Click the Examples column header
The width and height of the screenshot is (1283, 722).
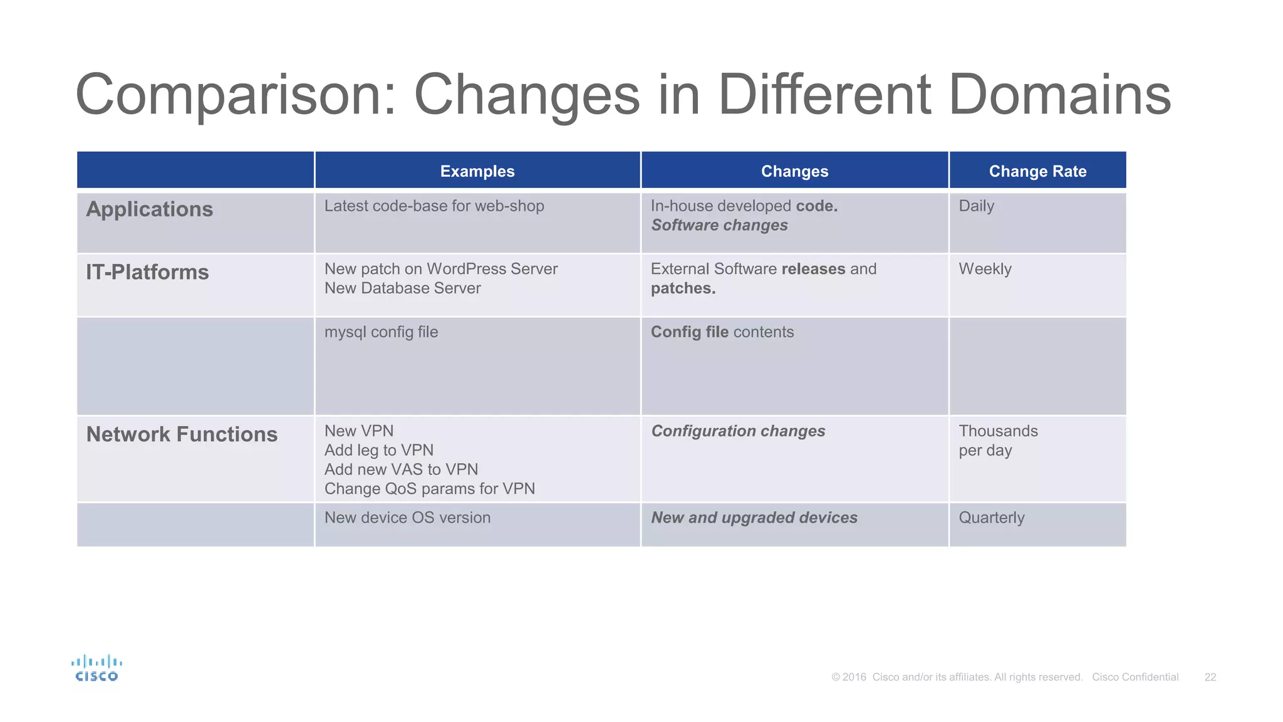[x=477, y=171]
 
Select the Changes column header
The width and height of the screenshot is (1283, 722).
[x=794, y=171]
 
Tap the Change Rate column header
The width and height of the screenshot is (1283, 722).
[x=1037, y=171]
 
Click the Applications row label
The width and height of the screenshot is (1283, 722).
[x=150, y=209]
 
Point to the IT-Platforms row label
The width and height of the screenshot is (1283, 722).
[x=147, y=273]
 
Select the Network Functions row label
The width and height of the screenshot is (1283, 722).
[x=182, y=434]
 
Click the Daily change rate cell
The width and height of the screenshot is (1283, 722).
[x=976, y=206]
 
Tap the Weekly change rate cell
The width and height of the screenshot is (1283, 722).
[x=985, y=269]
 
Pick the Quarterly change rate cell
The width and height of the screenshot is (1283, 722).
[x=992, y=518]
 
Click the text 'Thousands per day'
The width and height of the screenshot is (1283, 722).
[x=998, y=441]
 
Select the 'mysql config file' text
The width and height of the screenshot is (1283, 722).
[x=381, y=332]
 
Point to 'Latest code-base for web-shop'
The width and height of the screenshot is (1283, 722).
[x=434, y=206]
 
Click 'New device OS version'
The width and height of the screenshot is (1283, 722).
[x=407, y=518]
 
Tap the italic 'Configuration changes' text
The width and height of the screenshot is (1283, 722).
[x=738, y=431]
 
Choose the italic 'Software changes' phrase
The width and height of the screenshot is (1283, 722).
[x=719, y=226]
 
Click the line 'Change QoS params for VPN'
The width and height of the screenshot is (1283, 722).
[x=430, y=489]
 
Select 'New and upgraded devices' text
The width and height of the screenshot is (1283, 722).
[x=754, y=518]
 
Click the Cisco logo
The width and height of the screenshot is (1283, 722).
[x=96, y=668]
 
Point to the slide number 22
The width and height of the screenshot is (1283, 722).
[x=1210, y=678]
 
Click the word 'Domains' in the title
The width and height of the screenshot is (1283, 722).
[x=1059, y=95]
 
